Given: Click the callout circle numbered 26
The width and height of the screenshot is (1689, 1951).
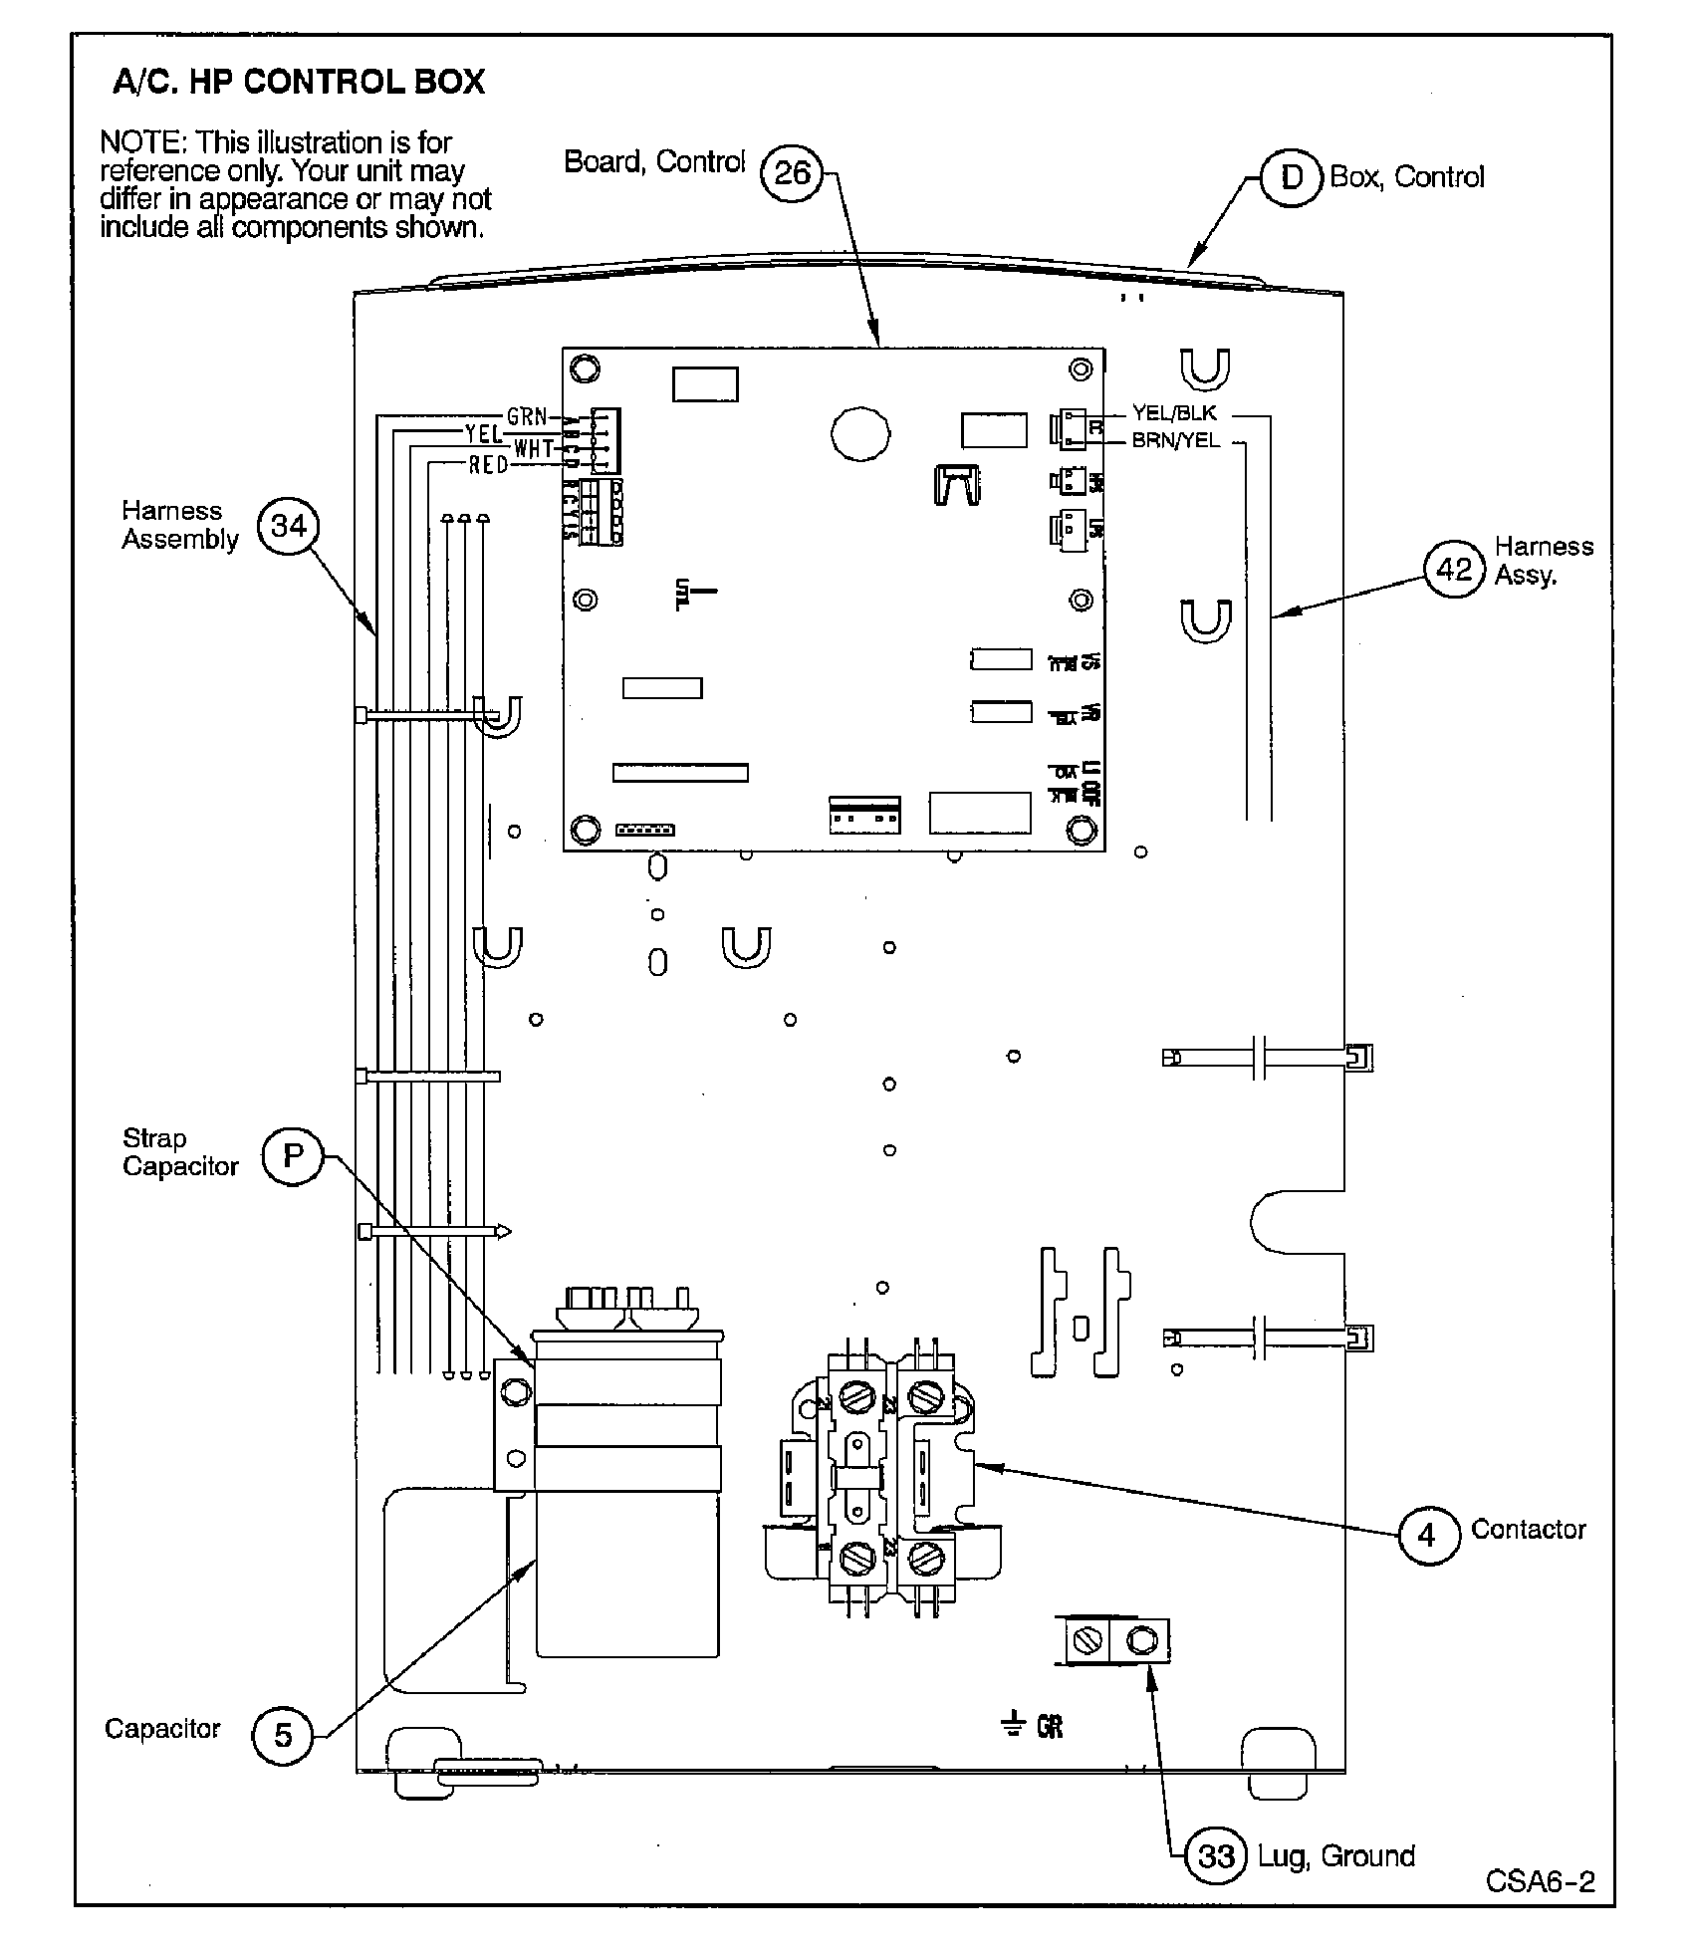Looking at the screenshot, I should point(792,173).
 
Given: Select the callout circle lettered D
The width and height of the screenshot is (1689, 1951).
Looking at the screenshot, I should point(1291,177).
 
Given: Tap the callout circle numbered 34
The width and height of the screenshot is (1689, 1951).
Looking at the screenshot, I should point(288,526).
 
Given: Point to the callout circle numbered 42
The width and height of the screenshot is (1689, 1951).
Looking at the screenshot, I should point(1454,569).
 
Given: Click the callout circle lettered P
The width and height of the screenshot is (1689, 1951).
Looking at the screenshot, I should point(292,1155).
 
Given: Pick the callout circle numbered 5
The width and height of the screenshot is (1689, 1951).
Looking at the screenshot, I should point(283,1735).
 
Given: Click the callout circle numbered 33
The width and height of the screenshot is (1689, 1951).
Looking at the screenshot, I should point(1216,1856).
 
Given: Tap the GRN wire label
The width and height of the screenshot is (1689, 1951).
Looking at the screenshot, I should point(527,417).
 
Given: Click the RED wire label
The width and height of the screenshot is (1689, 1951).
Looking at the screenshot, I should point(488,465).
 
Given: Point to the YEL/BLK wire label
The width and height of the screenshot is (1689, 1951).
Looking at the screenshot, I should point(1174,413).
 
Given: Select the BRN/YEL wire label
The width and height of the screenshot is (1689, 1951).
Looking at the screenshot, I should point(1175,440).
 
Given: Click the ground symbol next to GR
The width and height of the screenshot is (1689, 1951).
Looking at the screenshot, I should point(1013,1724).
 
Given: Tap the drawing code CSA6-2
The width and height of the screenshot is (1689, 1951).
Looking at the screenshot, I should point(1540,1880).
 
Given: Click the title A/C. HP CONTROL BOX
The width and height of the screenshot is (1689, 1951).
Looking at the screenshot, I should point(299,82).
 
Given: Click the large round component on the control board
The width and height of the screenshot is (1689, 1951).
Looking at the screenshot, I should point(859,433).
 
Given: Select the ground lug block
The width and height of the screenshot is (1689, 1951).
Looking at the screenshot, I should point(1116,1639).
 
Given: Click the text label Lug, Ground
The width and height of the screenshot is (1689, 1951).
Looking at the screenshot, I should point(1335,1855).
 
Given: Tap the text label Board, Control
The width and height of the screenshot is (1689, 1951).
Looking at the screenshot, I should point(654,162).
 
